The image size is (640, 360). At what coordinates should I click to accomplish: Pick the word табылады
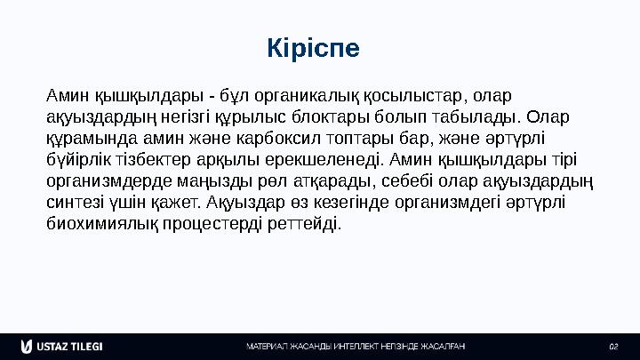475,117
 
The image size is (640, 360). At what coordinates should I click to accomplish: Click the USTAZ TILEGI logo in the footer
62,345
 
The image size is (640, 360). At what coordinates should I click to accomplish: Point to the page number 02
612,345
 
